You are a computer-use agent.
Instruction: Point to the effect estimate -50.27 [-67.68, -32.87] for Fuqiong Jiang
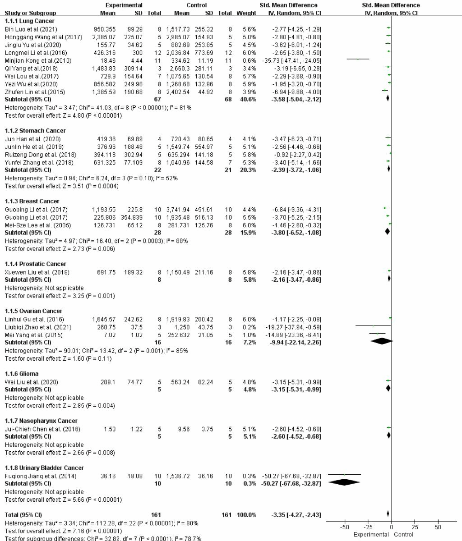click(291, 476)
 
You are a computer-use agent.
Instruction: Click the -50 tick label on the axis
click(344, 527)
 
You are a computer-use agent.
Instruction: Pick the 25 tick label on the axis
click(415, 527)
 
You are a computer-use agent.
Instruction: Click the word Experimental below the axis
click(371, 534)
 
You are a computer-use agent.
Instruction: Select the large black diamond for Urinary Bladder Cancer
click(344, 482)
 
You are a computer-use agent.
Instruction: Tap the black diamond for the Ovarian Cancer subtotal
click(381, 341)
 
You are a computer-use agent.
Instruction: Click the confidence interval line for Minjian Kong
click(358, 59)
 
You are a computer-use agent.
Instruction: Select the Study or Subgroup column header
click(27, 13)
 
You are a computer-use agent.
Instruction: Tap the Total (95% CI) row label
click(23, 514)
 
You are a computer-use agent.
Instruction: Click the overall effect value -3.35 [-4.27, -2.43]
click(291, 514)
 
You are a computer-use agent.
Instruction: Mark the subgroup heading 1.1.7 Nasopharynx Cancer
click(37, 420)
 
